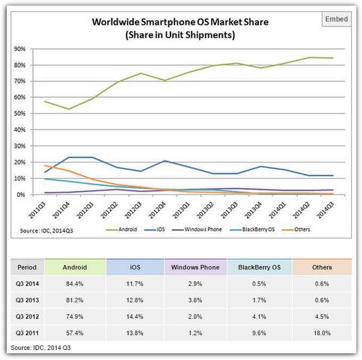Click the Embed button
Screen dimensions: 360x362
pos(336,19)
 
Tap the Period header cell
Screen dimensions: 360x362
pos(27,267)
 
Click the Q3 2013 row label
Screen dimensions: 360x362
pos(27,300)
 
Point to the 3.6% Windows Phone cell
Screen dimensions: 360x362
pos(196,300)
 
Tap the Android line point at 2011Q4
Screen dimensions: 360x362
pos(68,109)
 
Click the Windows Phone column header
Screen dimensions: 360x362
pos(196,267)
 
